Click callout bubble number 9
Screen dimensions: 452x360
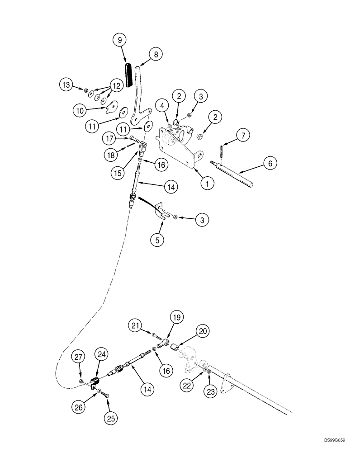click(x=119, y=40)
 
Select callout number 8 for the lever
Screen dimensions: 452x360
click(x=155, y=55)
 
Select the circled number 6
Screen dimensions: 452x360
click(x=270, y=163)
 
